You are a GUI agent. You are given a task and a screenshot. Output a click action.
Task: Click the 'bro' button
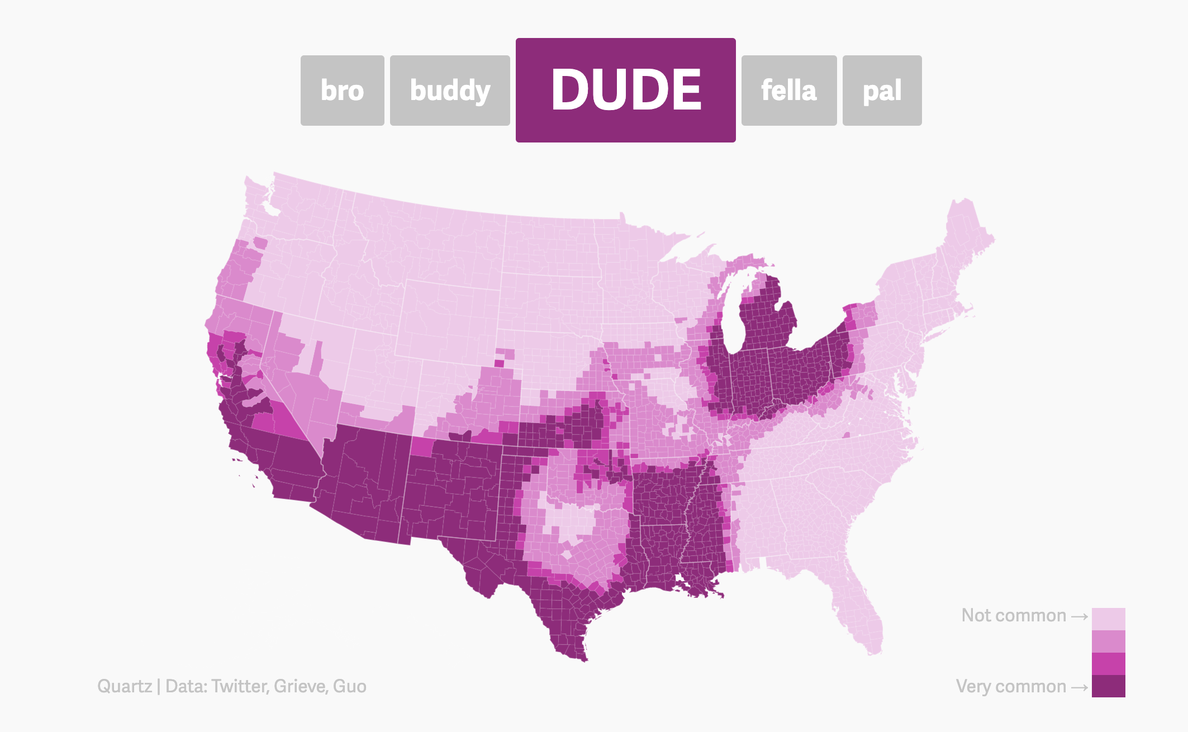342,91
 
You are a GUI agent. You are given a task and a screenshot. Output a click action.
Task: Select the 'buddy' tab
450,91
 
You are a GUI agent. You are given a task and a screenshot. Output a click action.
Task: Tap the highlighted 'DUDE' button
625,90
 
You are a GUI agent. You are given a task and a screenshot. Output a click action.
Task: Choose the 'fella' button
788,91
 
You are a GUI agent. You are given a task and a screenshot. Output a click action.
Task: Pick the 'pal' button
882,91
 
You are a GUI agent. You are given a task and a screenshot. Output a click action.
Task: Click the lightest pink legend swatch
1108,619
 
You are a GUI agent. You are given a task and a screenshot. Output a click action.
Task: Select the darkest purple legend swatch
1108,686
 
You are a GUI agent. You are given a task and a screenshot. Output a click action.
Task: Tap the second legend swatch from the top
1108,641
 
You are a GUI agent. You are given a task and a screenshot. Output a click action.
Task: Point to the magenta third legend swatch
1108,664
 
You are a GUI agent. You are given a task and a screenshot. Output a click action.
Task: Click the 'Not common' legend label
1014,615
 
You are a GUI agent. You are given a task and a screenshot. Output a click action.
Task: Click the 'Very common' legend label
1011,686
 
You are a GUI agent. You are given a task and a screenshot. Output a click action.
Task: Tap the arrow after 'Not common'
1080,616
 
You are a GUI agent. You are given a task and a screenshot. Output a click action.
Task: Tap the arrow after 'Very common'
1080,687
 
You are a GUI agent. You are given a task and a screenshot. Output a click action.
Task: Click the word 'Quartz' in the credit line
124,686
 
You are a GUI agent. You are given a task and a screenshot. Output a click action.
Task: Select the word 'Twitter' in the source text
239,686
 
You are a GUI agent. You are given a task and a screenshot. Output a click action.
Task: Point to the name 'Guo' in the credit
350,686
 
